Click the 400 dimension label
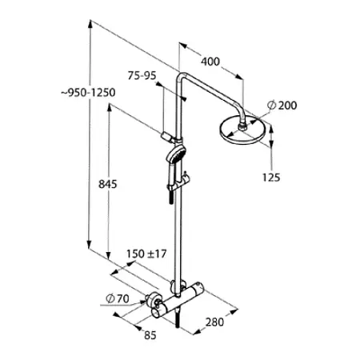[x=210, y=62]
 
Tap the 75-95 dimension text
[x=142, y=75]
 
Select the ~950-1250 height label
[x=88, y=92]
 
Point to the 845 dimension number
[x=108, y=184]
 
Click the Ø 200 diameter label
[x=282, y=105]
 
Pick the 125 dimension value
[x=271, y=178]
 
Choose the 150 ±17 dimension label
[x=146, y=254]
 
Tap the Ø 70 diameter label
[x=118, y=298]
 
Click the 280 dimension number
[x=214, y=322]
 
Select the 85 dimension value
[x=150, y=335]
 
